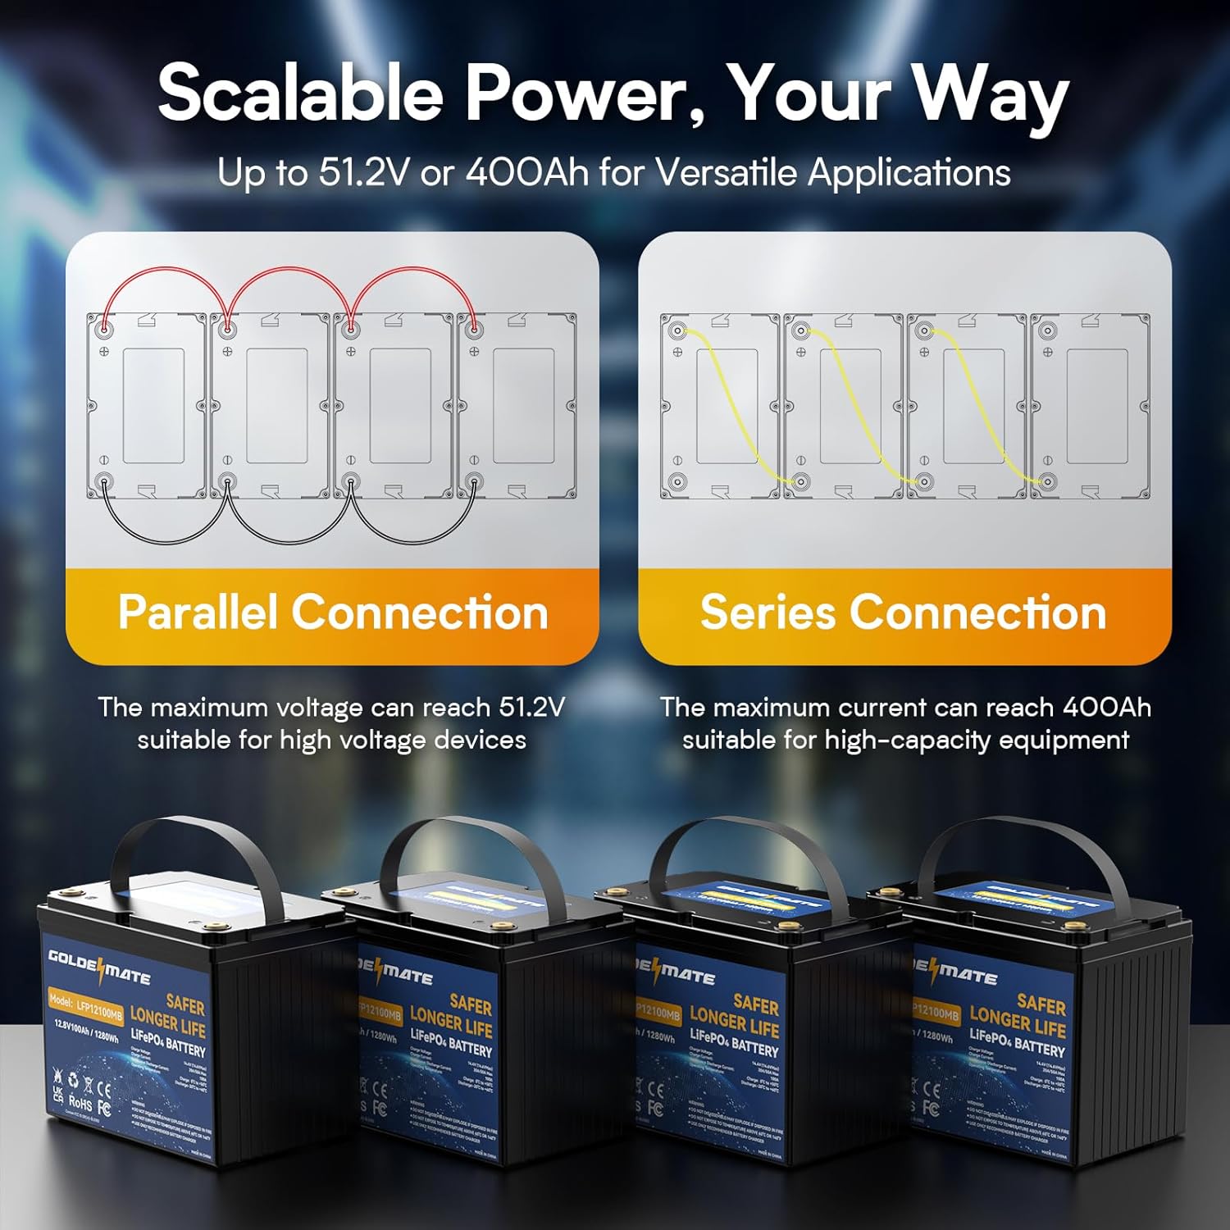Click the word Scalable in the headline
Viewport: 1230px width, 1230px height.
coord(300,92)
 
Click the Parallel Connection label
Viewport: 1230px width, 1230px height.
coord(332,613)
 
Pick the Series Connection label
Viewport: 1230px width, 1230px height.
coord(904,613)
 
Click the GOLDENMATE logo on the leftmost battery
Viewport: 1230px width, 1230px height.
coord(98,968)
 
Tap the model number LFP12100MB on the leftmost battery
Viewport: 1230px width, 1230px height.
coord(86,1009)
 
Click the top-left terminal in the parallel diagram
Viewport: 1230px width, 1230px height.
coord(104,328)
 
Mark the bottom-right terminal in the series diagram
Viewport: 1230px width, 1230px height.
coord(1047,482)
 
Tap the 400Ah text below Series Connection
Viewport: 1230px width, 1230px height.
coord(1106,707)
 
